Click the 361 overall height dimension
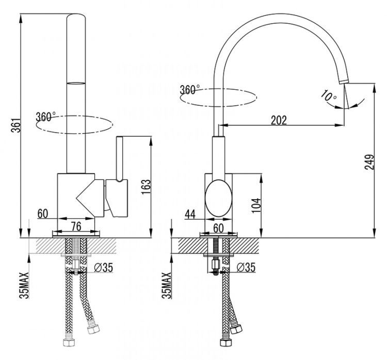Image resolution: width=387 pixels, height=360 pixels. pyautogui.click(x=15, y=125)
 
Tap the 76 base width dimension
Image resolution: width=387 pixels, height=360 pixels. pyautogui.click(x=75, y=225)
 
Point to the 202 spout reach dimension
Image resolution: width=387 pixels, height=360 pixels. pyautogui.click(x=279, y=120)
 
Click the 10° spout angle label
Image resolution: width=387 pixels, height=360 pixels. pyautogui.click(x=328, y=96)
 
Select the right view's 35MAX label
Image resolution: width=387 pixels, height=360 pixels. pyautogui.click(x=166, y=286)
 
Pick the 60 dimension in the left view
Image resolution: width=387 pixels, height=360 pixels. pyautogui.click(x=43, y=212)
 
